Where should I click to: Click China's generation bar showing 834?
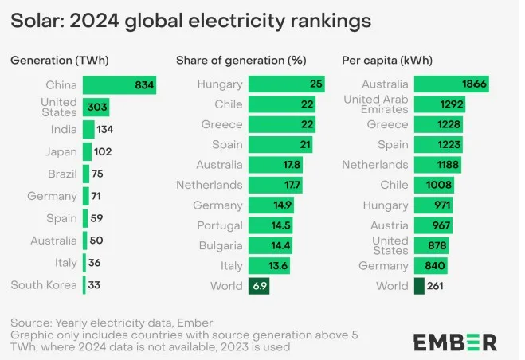[119, 85]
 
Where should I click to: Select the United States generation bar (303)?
[96, 108]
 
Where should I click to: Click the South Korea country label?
[44, 285]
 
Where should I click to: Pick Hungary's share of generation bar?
[286, 84]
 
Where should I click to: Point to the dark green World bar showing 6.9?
[259, 285]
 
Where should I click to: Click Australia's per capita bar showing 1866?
[451, 84]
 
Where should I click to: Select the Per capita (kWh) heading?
[383, 60]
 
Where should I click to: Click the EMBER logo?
[455, 342]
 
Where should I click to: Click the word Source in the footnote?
[29, 323]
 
